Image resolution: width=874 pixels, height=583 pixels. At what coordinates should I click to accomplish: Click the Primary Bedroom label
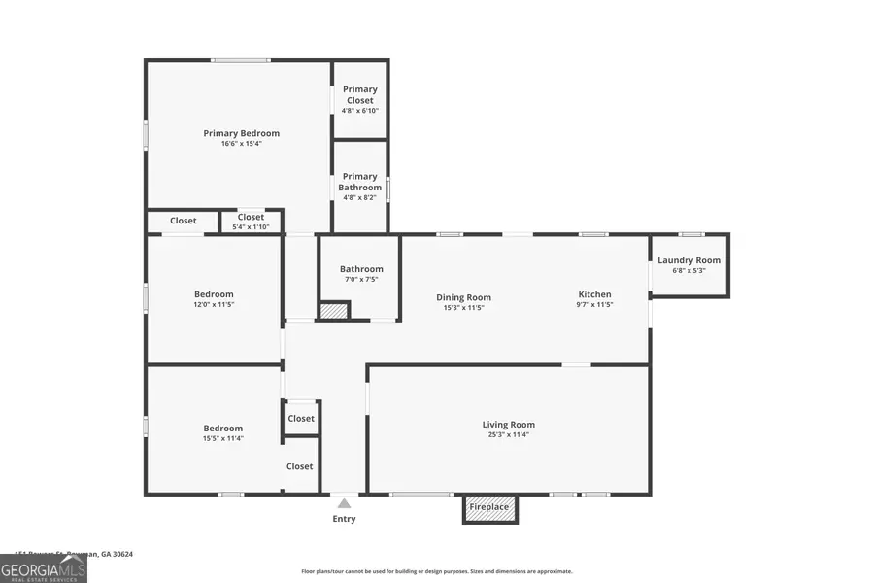point(241,133)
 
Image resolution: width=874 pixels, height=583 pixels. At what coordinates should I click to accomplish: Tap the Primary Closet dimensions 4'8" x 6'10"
point(359,111)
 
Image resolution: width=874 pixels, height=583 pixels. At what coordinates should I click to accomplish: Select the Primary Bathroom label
point(359,182)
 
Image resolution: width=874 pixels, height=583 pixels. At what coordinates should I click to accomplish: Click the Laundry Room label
point(689,260)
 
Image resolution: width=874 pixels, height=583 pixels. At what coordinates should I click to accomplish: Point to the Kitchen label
point(594,294)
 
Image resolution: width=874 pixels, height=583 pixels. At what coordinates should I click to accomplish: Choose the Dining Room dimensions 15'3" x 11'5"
point(463,308)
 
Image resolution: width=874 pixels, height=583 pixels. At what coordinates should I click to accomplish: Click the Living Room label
point(508,425)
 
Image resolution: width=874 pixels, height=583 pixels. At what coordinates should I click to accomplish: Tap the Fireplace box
point(489,508)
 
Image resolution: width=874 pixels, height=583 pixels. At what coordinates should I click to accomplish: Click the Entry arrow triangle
point(344,503)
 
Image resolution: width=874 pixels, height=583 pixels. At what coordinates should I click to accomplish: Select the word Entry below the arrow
point(344,519)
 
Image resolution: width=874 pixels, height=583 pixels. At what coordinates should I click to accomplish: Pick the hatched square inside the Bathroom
point(333,311)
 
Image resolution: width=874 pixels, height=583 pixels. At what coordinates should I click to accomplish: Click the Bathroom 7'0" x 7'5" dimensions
point(361,280)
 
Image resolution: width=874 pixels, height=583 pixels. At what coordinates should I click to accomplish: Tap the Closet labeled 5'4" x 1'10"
point(251,223)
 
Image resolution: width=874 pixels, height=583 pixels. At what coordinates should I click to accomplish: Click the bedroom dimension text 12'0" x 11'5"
point(214,305)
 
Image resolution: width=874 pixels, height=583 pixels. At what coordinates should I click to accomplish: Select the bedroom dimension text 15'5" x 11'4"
point(222,439)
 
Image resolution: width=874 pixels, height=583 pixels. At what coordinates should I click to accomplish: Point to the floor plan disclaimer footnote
point(437,571)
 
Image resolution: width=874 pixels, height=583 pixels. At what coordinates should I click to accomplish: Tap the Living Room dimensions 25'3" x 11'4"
point(508,435)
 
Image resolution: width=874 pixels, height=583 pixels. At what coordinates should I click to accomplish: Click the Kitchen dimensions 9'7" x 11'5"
point(594,305)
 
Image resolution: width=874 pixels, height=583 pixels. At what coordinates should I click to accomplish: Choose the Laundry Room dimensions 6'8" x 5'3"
point(689,271)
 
